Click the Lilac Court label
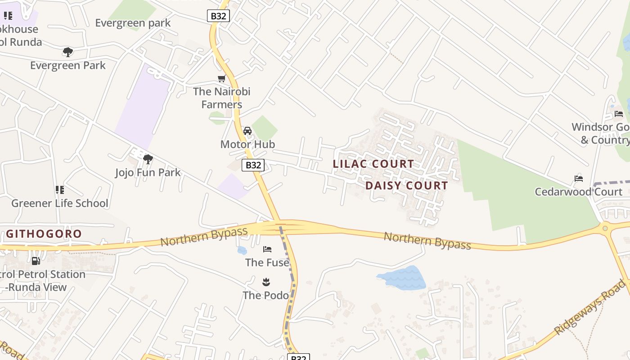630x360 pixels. [373, 164]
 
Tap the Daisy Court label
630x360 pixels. [406, 185]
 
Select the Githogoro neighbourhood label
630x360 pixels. [44, 234]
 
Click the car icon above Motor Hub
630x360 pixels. [247, 131]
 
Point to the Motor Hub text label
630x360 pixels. [247, 144]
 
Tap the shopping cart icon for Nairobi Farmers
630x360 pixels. [221, 79]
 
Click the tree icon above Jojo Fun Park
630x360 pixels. [148, 159]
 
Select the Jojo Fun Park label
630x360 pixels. [148, 172]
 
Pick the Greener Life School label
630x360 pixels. [60, 203]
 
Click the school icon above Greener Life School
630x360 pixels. [59, 190]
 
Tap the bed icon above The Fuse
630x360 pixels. [267, 249]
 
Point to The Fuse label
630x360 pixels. [267, 262]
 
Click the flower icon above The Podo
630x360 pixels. [265, 282]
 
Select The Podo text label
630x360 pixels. [265, 296]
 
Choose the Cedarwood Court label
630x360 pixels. [578, 192]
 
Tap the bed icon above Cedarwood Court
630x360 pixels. [579, 179]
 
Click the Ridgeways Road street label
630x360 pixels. [589, 307]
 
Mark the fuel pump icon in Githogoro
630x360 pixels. [36, 261]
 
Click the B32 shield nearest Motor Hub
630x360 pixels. [253, 165]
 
